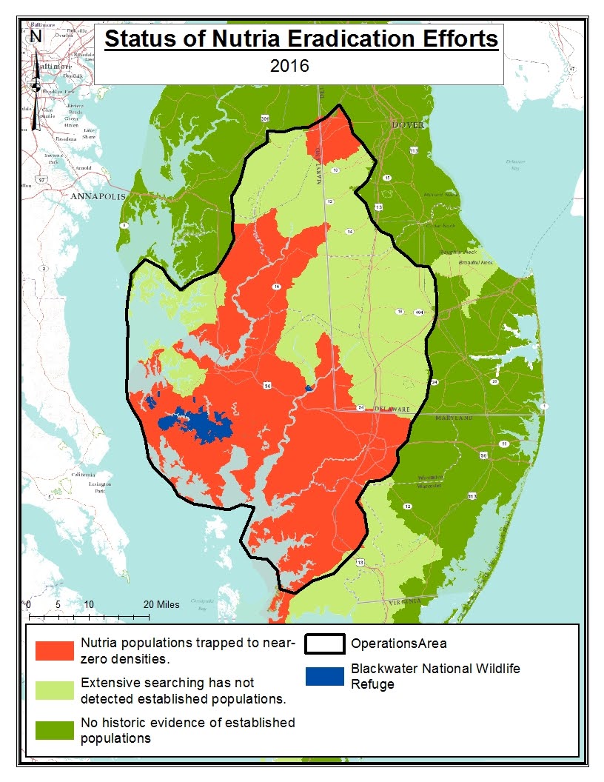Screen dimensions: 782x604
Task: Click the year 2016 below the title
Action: point(289,65)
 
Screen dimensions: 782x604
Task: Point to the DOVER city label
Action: point(409,125)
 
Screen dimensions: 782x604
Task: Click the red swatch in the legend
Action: point(55,649)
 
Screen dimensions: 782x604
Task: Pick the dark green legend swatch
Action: point(55,729)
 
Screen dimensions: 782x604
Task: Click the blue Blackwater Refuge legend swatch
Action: point(324,675)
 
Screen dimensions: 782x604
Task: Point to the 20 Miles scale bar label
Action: point(161,604)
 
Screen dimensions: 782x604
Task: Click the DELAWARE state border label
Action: point(386,409)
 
